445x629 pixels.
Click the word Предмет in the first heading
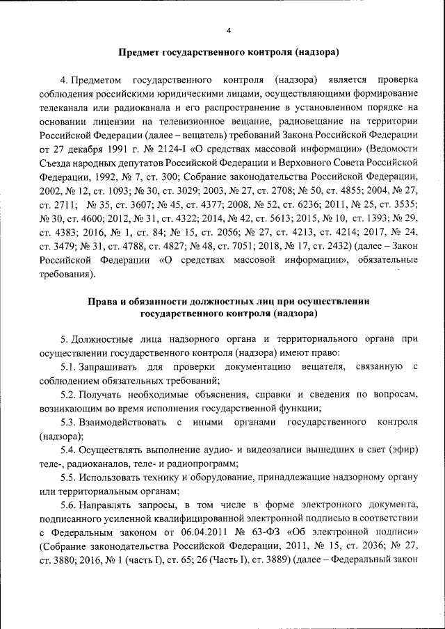140,53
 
